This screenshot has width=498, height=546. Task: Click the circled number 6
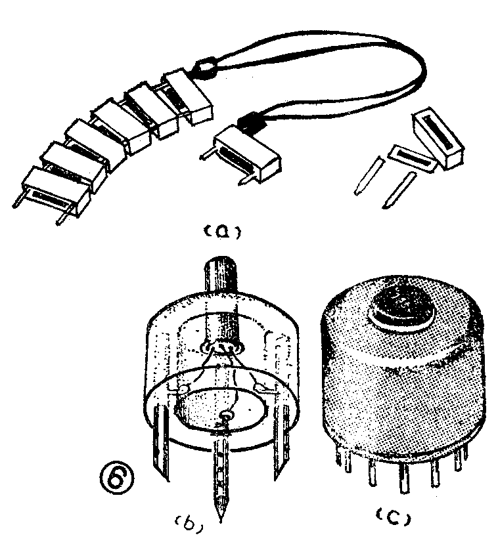click(117, 476)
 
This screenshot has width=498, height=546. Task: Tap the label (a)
click(222, 232)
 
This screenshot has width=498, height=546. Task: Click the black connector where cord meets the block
click(252, 121)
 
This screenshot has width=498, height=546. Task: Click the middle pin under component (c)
click(404, 479)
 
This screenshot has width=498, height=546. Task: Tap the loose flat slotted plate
click(411, 158)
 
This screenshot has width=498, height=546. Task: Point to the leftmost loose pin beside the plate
click(369, 175)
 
